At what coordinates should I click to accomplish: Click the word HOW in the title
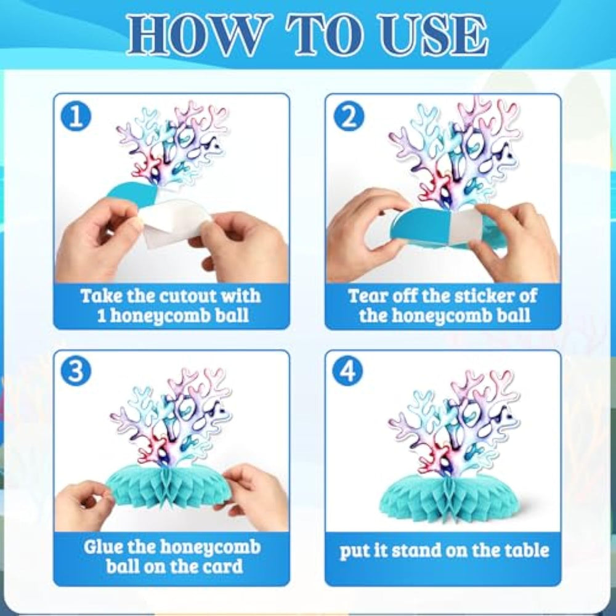199,34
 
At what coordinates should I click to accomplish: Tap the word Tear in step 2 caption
368,296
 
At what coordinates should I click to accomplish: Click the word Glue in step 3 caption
101,547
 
